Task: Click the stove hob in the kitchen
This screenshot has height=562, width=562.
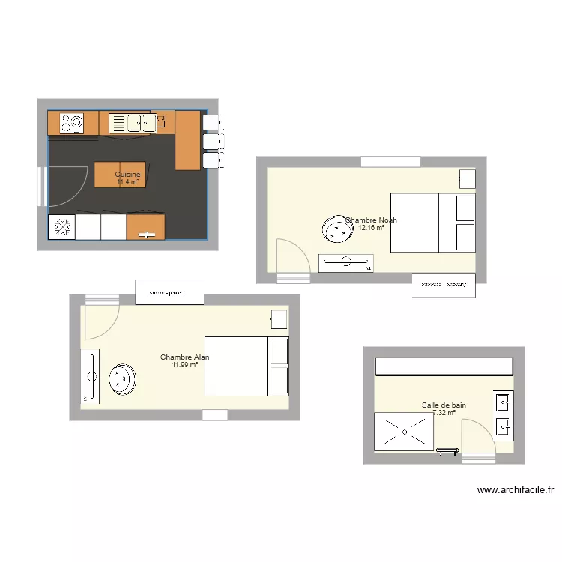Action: [x=72, y=122]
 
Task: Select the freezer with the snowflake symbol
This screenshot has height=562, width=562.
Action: [x=62, y=226]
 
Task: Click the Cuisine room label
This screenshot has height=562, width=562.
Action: [x=127, y=175]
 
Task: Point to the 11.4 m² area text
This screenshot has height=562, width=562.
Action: [x=128, y=182]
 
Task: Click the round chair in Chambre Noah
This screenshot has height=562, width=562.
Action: [x=336, y=229]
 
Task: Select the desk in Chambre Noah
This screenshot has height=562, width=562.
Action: [x=345, y=263]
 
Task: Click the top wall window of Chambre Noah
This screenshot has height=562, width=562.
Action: [x=390, y=161]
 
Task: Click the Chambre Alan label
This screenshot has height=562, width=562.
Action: [x=184, y=357]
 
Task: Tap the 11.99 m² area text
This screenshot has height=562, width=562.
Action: [x=184, y=365]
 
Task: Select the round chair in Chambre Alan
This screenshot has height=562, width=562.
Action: [x=122, y=379]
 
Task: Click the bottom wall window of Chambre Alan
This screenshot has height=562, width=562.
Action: [x=214, y=414]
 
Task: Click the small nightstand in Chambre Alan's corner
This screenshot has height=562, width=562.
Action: [x=279, y=319]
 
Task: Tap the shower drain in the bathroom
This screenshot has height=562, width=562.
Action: [x=405, y=432]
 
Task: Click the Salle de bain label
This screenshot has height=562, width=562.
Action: [x=444, y=405]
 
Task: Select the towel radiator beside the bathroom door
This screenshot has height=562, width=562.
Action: [x=447, y=450]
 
